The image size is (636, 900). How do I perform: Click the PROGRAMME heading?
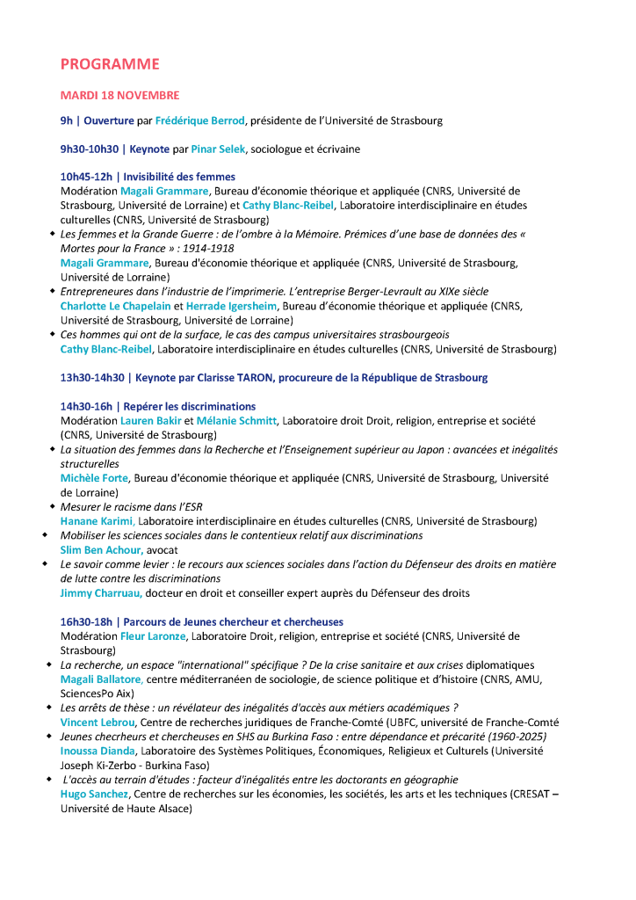[x=110, y=64]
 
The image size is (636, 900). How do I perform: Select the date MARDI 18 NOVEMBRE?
[x=119, y=95]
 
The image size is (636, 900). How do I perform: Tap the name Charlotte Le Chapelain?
[x=115, y=306]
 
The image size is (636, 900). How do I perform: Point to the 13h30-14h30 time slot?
[x=91, y=378]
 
